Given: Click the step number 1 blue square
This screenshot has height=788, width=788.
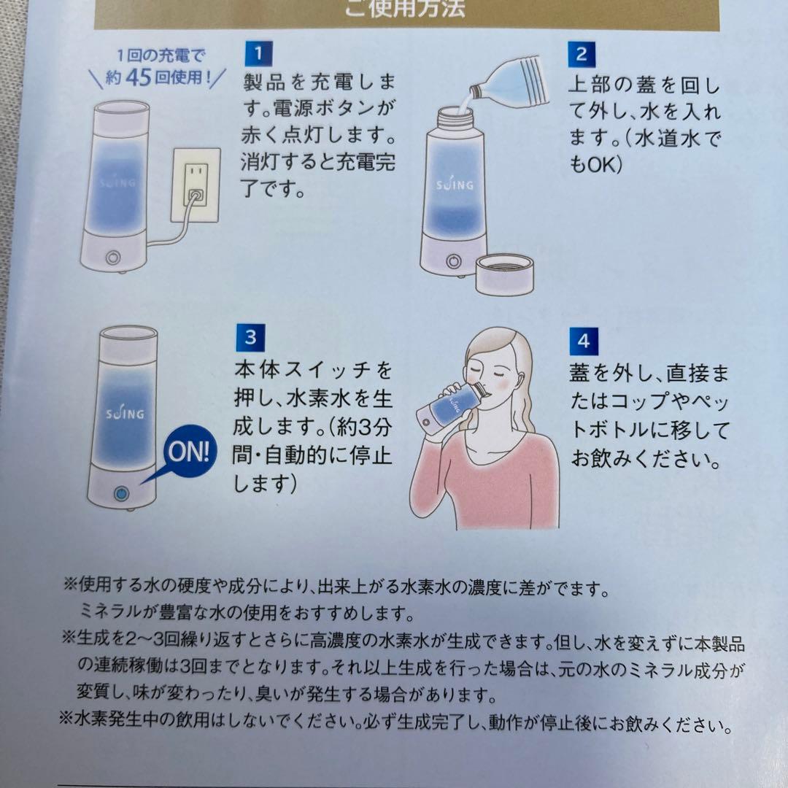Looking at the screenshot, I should pos(256,54).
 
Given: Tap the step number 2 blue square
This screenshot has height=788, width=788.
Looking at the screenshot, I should pos(582,54).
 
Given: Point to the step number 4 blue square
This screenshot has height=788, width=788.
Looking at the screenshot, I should pos(582,340).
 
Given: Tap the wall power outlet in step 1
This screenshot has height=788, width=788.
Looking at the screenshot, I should pos(196,186).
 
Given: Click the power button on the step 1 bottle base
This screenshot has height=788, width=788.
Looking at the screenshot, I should pos(114,258).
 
